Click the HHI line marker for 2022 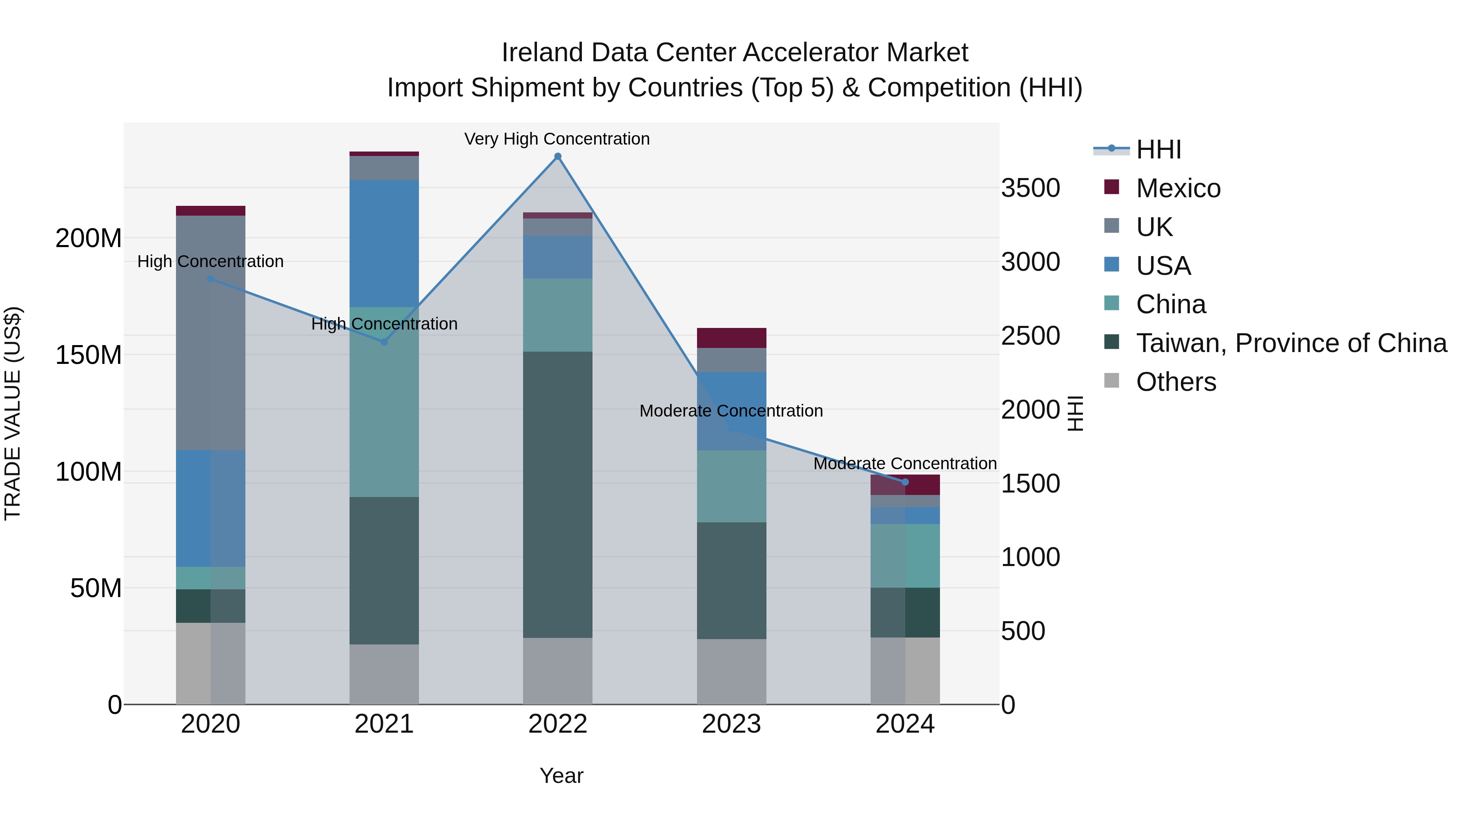(557, 156)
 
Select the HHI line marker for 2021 (384, 342)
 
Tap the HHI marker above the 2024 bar (905, 482)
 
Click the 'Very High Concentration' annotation (557, 139)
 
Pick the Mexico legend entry (1178, 188)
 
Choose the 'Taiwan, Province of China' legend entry (1291, 343)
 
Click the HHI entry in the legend (1158, 149)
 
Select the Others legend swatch (1111, 381)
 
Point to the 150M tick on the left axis (89, 355)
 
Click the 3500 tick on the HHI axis (1030, 188)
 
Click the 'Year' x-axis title (561, 776)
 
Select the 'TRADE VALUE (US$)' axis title (13, 413)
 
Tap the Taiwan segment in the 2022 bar (557, 494)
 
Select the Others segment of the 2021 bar (384, 674)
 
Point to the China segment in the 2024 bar (905, 555)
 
